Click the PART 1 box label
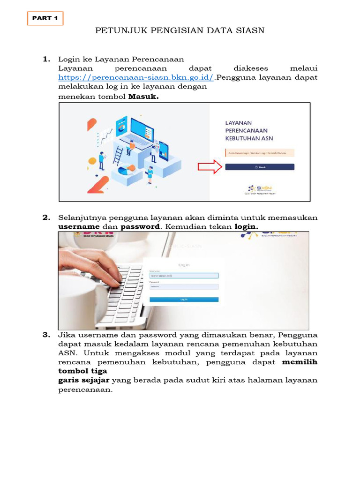tap(45, 18)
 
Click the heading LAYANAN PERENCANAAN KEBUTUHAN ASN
tap(248, 131)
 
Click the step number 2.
tap(46, 217)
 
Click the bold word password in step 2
tap(140, 227)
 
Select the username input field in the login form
tap(184, 276)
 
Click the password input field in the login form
tap(184, 286)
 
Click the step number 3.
tap(46, 335)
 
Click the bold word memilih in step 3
tap(300, 362)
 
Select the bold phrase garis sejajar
tap(83, 380)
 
